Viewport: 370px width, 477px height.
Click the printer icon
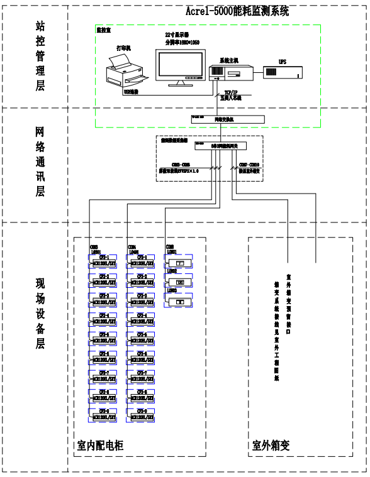(x=125, y=70)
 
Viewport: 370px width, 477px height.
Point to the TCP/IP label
(x=226, y=91)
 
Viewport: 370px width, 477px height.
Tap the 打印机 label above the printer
(x=125, y=48)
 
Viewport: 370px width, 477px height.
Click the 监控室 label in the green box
(x=104, y=30)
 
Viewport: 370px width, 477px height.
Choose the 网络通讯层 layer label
(x=40, y=162)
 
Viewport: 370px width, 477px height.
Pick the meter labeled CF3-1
(x=141, y=261)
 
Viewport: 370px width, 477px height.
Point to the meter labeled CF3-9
(x=141, y=414)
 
